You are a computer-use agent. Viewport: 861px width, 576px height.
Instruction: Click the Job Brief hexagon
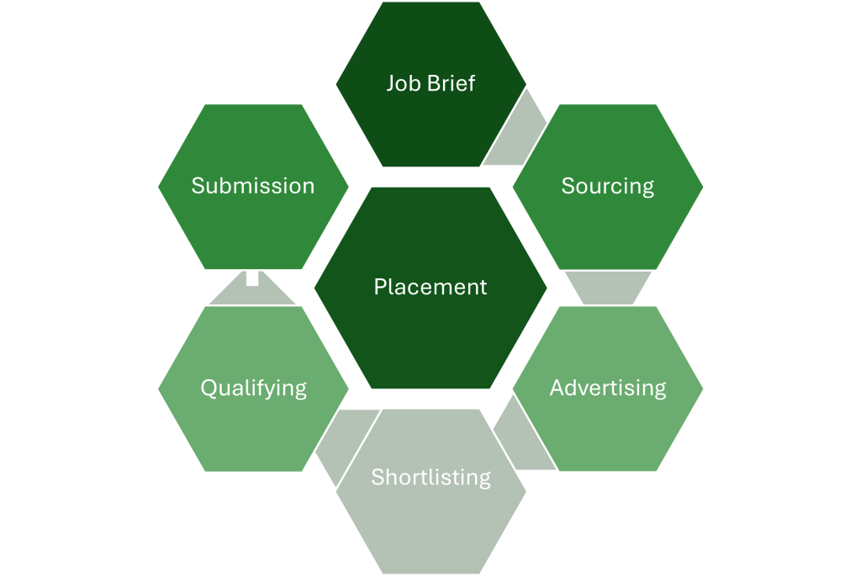[x=430, y=118]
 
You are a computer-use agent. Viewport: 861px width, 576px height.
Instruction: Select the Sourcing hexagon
[x=608, y=219]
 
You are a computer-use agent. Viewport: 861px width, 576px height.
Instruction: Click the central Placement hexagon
[x=430, y=328]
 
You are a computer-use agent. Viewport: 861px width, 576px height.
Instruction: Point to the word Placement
[x=430, y=287]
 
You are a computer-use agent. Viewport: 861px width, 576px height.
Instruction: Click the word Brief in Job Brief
[x=452, y=83]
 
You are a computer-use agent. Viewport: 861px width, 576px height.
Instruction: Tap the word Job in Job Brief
[x=402, y=83]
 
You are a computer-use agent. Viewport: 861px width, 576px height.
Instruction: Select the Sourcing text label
[x=608, y=186]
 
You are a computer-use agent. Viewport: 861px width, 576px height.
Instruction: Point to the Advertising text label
[x=608, y=388]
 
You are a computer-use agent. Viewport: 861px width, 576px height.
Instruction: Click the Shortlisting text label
[x=430, y=477]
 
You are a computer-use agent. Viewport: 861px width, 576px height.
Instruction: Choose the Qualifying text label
[x=253, y=388]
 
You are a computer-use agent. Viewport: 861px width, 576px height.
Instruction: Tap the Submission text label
[x=253, y=186]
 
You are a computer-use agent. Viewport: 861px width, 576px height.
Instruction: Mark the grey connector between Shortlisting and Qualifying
[x=341, y=441]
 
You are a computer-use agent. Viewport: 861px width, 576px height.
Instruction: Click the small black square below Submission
[x=252, y=278]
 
